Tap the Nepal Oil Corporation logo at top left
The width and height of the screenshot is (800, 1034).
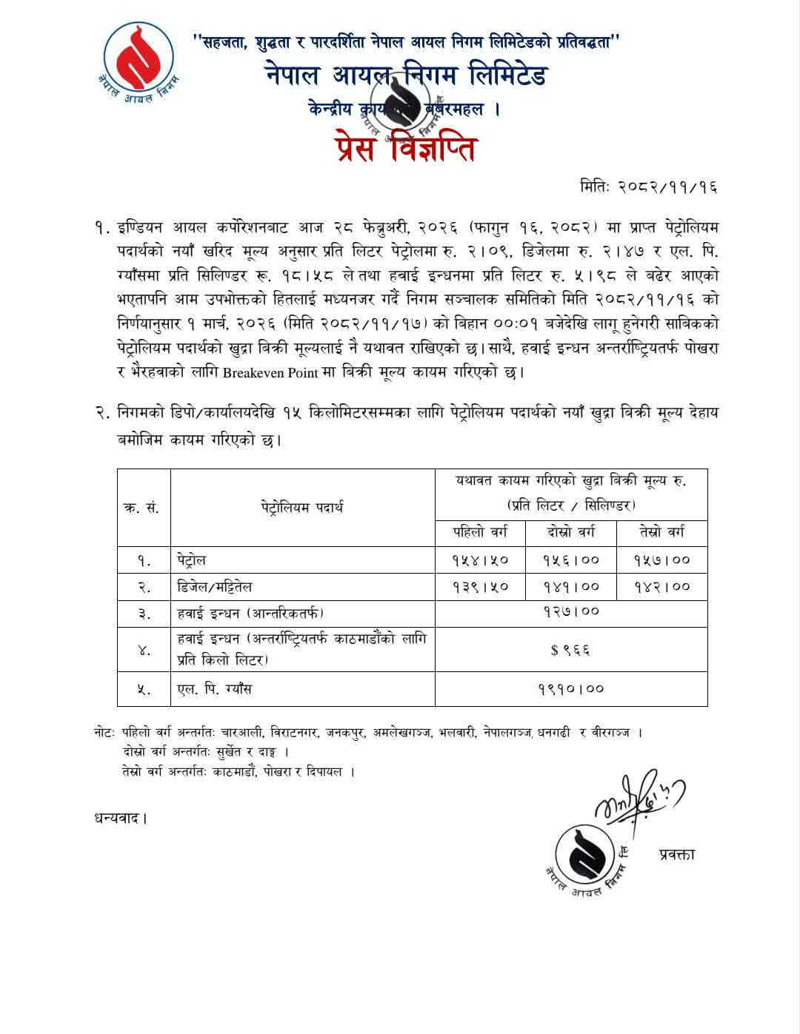(139, 63)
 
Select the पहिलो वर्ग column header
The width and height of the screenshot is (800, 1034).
(480, 532)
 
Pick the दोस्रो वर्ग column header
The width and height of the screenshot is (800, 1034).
(571, 532)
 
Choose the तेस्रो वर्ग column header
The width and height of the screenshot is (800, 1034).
(662, 532)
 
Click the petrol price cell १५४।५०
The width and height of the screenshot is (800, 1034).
(480, 560)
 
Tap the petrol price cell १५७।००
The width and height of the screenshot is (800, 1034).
(662, 560)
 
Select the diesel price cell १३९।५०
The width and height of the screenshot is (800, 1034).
(480, 587)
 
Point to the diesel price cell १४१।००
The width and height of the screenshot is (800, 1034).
(571, 587)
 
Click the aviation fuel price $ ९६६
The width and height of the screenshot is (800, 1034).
(570, 650)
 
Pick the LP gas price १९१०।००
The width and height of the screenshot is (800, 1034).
(570, 689)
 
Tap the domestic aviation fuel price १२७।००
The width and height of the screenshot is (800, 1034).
(570, 612)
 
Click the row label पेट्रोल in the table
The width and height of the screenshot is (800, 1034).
(192, 560)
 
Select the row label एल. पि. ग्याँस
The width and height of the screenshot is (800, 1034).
(215, 689)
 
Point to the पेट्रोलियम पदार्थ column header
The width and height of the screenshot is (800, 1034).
(302, 508)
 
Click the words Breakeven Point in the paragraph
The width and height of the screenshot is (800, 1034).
(270, 372)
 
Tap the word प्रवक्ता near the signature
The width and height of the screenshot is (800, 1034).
(676, 854)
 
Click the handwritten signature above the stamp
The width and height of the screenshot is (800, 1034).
(637, 799)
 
